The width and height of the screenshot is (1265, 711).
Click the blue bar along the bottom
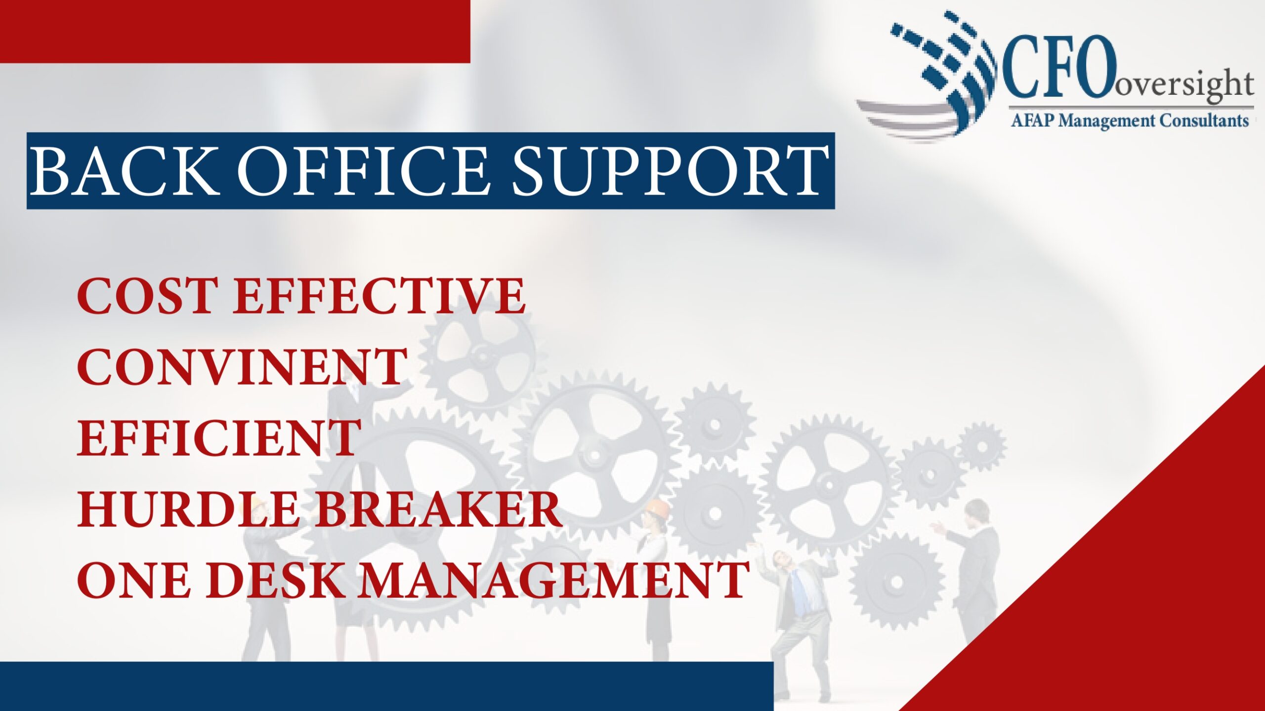pos(385,686)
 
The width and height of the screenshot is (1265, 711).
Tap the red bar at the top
pos(235,31)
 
